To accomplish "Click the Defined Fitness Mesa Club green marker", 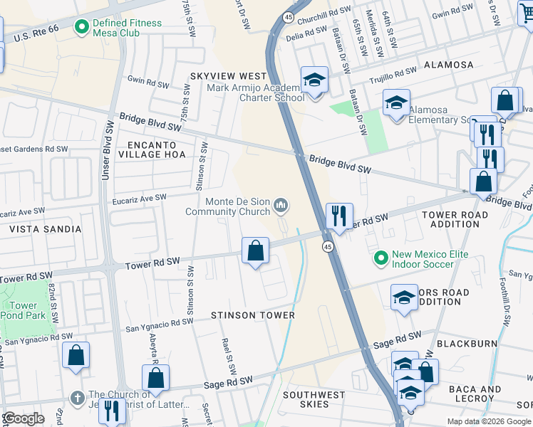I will pyautogui.click(x=82, y=28).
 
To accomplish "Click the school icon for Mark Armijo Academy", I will pyautogui.click(x=313, y=80).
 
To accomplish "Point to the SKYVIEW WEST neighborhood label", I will pyautogui.click(x=228, y=76).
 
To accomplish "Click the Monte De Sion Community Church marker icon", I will pyautogui.click(x=281, y=206).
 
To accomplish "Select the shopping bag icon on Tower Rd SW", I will pyautogui.click(x=255, y=251).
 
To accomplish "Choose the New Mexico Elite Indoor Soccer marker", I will pyautogui.click(x=381, y=258).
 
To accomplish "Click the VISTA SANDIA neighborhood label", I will pyautogui.click(x=45, y=230).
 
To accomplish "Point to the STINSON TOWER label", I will pyautogui.click(x=253, y=315).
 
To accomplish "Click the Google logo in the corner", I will pyautogui.click(x=24, y=418).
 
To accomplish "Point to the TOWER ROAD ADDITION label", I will pyautogui.click(x=455, y=219).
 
